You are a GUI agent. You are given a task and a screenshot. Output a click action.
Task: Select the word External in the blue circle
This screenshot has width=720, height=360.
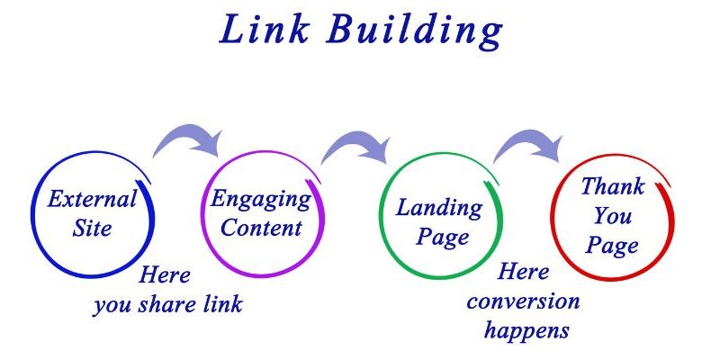(x=93, y=200)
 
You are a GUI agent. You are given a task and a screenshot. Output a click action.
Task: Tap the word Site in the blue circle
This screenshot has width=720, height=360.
(x=93, y=228)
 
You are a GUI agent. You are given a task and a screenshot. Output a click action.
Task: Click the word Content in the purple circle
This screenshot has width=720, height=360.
(x=262, y=228)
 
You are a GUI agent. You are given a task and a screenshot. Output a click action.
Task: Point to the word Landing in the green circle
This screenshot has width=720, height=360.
(x=438, y=209)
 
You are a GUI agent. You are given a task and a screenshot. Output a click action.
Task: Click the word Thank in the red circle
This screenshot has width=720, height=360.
(x=612, y=187)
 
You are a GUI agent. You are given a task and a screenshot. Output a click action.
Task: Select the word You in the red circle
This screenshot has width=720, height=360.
(x=612, y=216)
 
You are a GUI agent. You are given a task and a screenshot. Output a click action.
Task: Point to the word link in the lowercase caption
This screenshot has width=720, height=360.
(x=222, y=304)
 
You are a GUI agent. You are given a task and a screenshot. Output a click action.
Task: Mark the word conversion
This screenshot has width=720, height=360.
(x=523, y=300)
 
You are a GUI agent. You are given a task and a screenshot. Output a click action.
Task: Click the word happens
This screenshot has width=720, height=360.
(x=526, y=330)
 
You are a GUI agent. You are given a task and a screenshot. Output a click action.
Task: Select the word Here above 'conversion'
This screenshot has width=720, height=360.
(x=523, y=271)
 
